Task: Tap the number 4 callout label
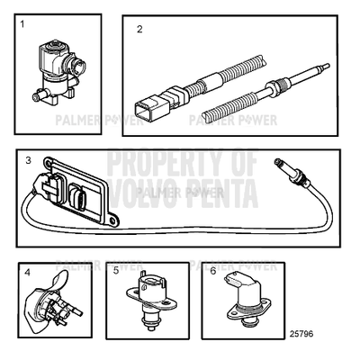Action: (29, 270)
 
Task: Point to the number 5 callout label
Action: (116, 270)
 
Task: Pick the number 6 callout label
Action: (212, 270)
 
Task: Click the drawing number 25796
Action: (301, 334)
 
